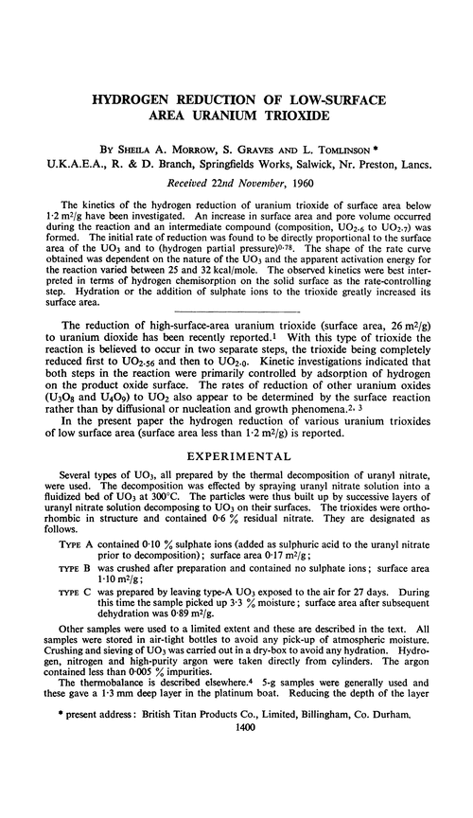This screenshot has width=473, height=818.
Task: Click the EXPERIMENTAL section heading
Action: click(236, 452)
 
